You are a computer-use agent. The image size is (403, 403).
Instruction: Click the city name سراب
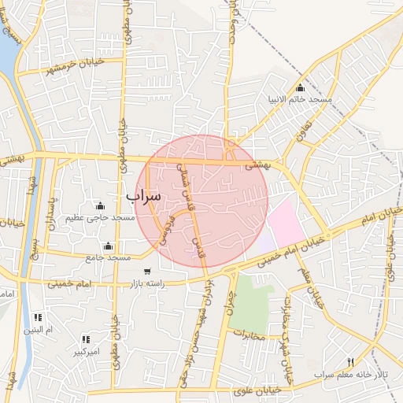click(143, 194)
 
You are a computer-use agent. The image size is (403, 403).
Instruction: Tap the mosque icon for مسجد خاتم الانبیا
click(300, 87)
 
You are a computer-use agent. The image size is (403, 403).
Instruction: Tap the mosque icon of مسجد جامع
click(108, 246)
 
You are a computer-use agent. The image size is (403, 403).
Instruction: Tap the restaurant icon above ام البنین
click(38, 317)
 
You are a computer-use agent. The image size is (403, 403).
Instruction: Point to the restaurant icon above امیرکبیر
click(85, 340)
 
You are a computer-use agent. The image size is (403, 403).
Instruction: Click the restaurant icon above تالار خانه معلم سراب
click(350, 362)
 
